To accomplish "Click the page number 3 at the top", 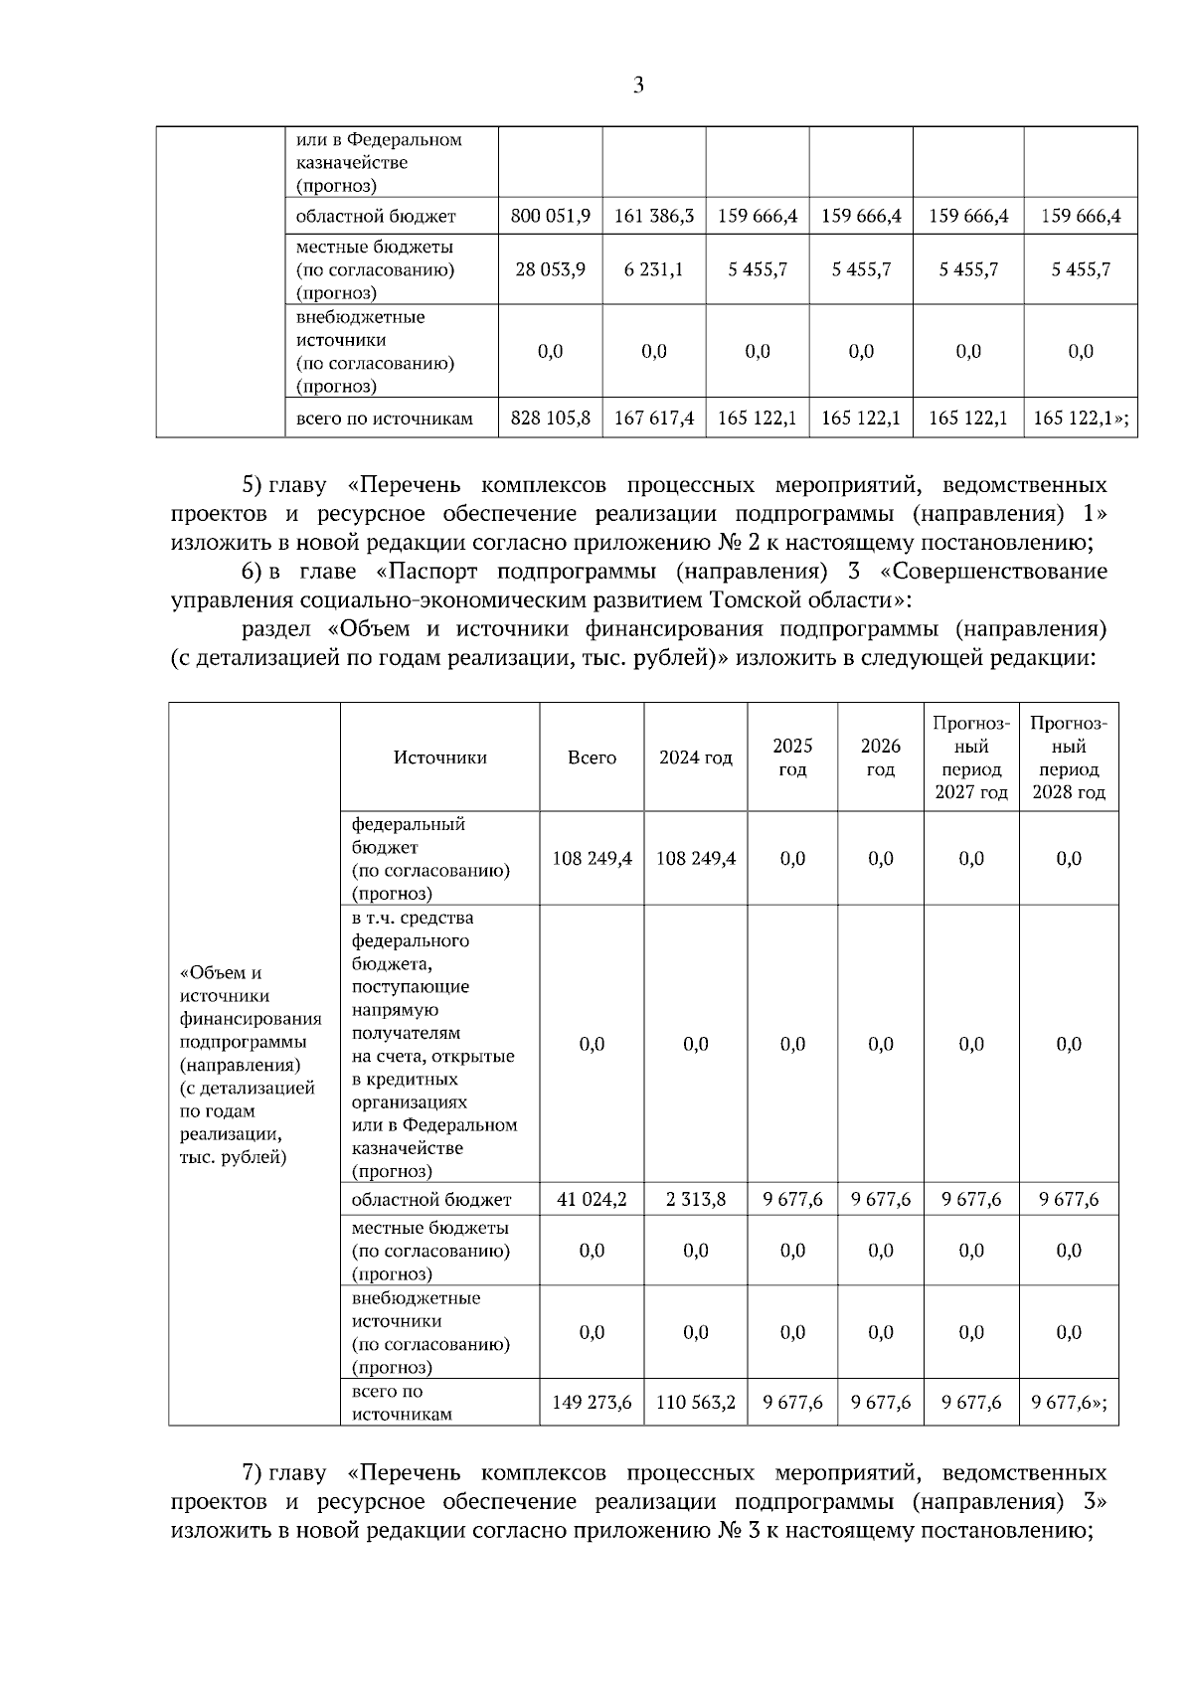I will pos(638,85).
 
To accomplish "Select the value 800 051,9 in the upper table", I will pos(550,216).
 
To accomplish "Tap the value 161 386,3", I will pos(654,216).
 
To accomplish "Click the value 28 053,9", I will pos(550,269).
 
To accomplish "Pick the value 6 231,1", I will pos(654,269).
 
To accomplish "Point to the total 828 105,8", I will pos(550,419).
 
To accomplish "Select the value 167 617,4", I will pos(654,419).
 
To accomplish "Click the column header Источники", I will pos(439,758).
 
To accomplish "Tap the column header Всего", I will pos(592,758).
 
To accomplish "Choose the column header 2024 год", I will pos(696,758).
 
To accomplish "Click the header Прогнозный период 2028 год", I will pos(1069,758).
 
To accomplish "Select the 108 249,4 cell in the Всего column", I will pos(592,859).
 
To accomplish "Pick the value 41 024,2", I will pos(592,1200).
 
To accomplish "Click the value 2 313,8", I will pos(696,1200).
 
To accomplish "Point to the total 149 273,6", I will pos(592,1404).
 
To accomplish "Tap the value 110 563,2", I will pos(696,1404).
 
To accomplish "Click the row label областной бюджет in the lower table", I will pos(431,1200).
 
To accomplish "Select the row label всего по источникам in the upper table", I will pos(384,419).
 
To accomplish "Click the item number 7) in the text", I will pos(252,1472).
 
